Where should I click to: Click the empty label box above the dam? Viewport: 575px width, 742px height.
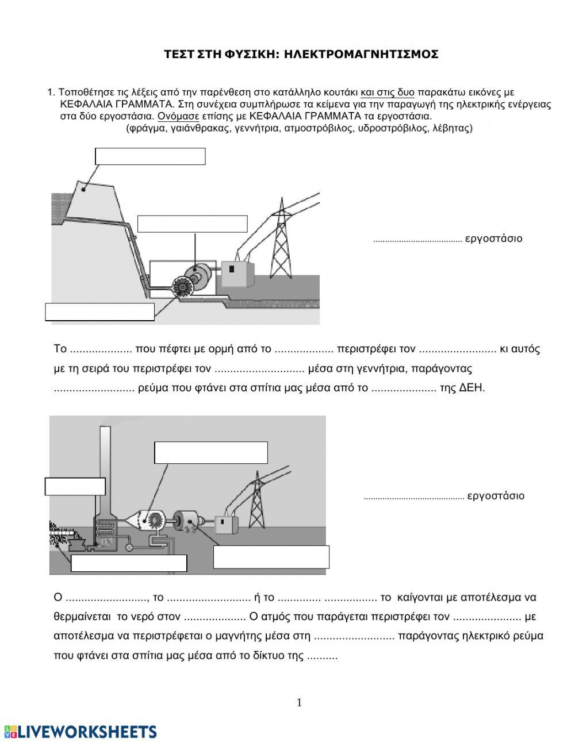[150, 156]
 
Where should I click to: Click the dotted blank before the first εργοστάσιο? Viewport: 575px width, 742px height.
[417, 240]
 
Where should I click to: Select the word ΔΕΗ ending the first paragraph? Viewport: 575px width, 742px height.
[473, 388]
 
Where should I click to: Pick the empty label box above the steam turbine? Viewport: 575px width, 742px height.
[211, 453]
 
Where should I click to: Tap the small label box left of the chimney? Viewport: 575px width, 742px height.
[75, 486]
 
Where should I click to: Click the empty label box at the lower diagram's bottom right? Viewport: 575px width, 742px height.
[271, 557]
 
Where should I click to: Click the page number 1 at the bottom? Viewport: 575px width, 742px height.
[299, 702]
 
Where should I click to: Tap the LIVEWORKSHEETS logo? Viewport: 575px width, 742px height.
[80, 732]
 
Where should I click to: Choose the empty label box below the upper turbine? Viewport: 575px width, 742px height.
[100, 312]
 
